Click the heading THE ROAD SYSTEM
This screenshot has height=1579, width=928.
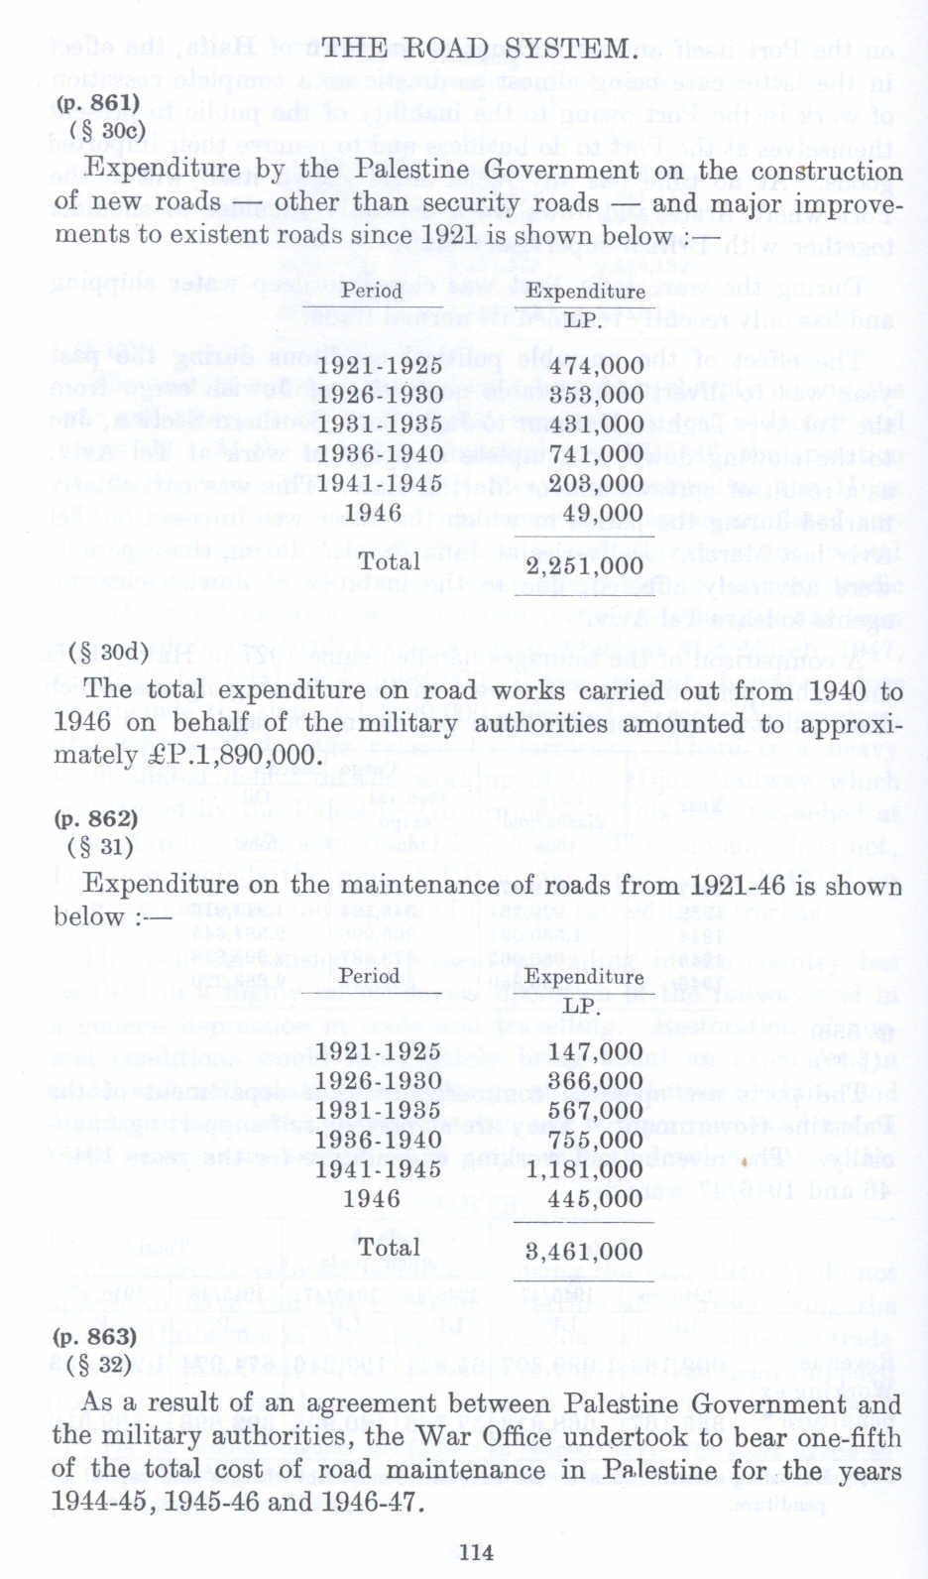[477, 49]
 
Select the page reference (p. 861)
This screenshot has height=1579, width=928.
[97, 103]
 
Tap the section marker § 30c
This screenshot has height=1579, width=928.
[108, 130]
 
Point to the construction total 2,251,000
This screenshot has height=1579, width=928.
[584, 566]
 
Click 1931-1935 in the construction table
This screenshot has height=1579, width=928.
[379, 425]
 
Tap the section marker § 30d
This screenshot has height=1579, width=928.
[109, 652]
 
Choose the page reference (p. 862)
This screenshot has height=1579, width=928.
[96, 819]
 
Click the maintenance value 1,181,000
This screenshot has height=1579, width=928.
[584, 1169]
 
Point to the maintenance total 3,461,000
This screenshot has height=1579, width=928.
[584, 1252]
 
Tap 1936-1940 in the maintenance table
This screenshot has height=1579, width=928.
[378, 1140]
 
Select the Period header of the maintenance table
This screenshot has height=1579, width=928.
[370, 976]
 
